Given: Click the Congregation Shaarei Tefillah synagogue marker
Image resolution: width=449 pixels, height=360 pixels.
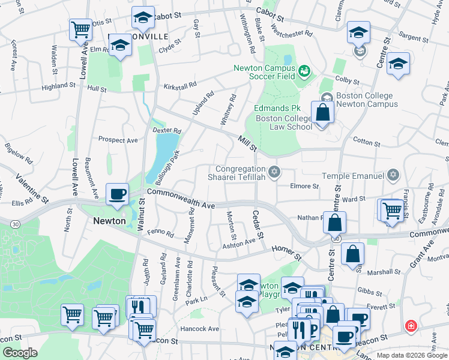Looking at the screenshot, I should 274,173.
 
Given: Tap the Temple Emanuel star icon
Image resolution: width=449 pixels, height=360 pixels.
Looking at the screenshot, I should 393,175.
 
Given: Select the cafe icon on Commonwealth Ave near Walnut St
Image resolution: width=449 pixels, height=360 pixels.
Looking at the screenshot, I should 118,194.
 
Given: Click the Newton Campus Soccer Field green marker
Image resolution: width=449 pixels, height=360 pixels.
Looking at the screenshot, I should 303,71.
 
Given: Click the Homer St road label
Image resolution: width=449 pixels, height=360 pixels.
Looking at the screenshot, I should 286,252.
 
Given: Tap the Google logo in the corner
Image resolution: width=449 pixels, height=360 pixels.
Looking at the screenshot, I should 20,353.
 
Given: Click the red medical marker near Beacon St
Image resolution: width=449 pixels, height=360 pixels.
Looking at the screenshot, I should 411,325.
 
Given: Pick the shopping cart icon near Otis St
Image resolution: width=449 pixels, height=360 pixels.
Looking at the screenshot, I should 80,29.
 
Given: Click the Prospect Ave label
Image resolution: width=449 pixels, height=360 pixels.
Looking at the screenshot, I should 118,140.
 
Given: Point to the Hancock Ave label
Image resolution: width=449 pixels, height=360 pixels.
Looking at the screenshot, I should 201,329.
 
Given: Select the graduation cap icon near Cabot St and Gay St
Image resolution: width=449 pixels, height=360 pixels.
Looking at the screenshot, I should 143,19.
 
